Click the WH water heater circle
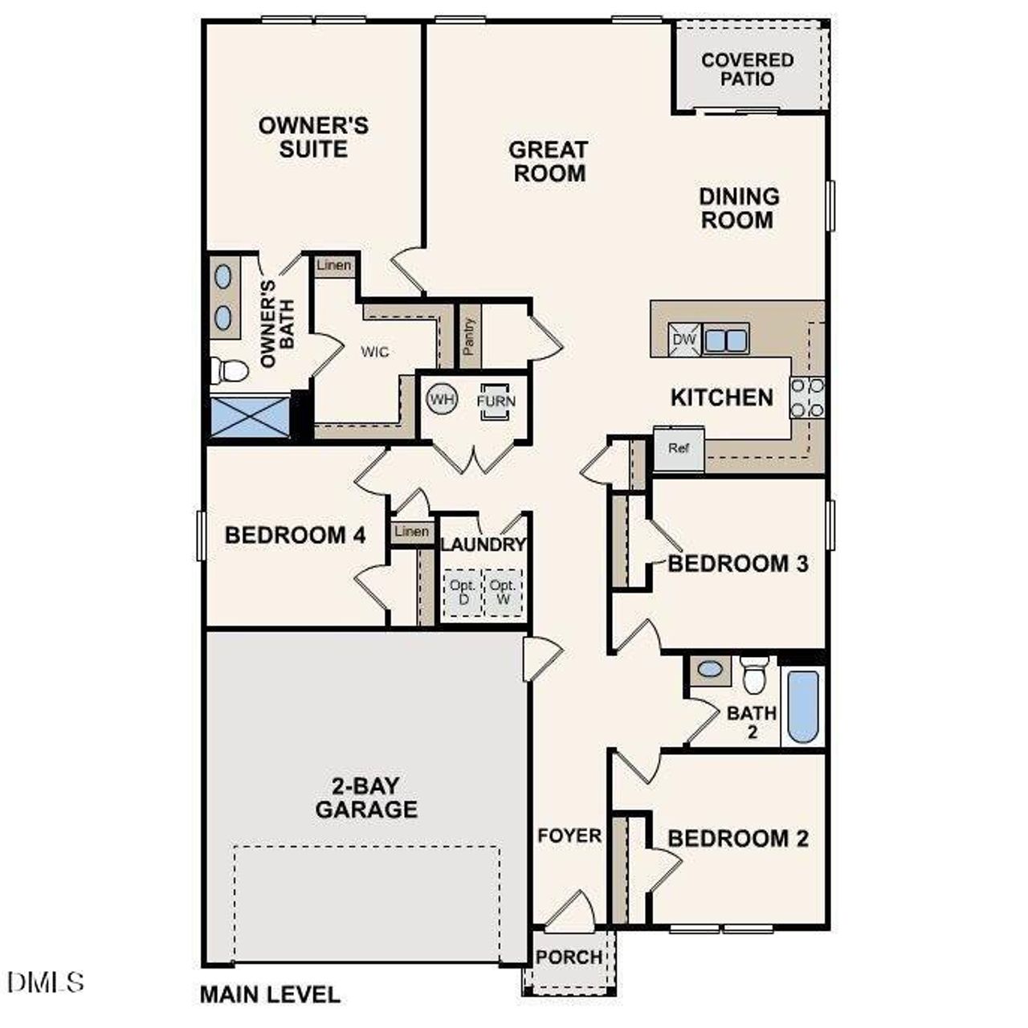[x=442, y=399]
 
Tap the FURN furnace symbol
[x=495, y=401]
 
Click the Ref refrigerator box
[x=679, y=449]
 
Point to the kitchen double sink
[x=726, y=340]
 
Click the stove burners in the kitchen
[x=807, y=398]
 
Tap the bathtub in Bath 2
[x=803, y=706]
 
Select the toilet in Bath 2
[x=755, y=674]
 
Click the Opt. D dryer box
[x=463, y=593]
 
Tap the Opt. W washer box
[x=504, y=593]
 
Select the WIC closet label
[x=374, y=352]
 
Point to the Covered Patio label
[x=747, y=69]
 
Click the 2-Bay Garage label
[x=366, y=798]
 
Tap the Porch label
[x=569, y=957]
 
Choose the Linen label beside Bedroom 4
[x=412, y=532]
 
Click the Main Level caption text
[x=270, y=994]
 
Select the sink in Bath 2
[x=710, y=669]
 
